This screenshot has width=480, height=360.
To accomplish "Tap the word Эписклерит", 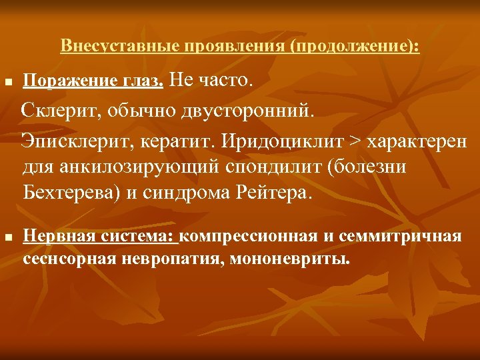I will [69, 141].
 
